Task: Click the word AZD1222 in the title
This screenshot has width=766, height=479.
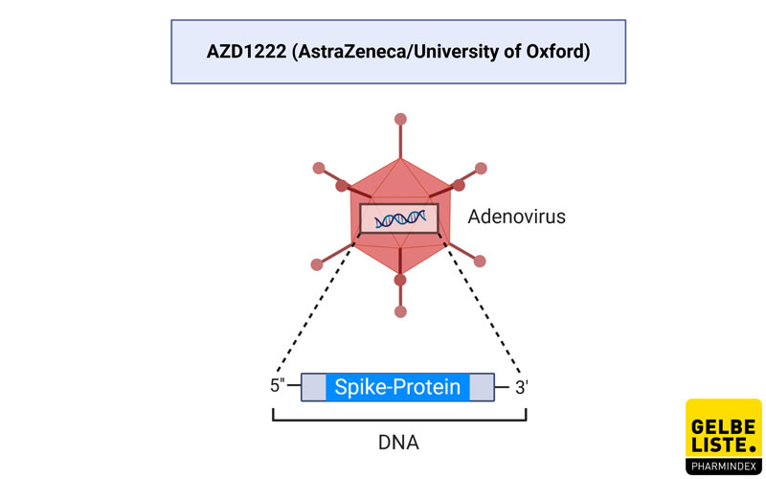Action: tap(246, 52)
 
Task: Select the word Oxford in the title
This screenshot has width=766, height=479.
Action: tap(554, 52)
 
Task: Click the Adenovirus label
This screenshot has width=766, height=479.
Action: tap(516, 217)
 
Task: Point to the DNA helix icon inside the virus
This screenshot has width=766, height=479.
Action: tap(399, 219)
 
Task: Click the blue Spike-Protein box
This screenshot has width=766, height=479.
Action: tap(397, 387)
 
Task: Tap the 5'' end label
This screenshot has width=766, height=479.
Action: tap(278, 385)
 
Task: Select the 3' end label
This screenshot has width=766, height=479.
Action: tap(522, 388)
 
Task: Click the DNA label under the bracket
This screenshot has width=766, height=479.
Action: tap(398, 443)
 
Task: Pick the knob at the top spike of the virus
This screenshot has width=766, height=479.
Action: tap(400, 119)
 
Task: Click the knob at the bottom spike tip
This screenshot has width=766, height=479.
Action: tap(400, 311)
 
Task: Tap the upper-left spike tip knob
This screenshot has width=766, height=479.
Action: tap(319, 169)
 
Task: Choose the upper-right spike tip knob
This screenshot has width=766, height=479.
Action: tap(481, 169)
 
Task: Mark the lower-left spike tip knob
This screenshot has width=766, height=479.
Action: tap(317, 264)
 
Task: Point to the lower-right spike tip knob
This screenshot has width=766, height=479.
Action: tap(480, 261)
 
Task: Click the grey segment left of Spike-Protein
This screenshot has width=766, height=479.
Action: tap(314, 387)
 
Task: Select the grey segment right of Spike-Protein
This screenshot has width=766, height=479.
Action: tap(482, 387)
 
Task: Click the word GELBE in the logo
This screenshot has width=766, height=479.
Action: tap(723, 427)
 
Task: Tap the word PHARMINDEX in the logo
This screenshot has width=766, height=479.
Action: tap(724, 467)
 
